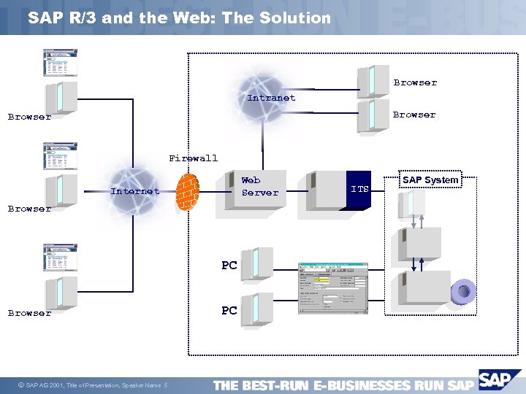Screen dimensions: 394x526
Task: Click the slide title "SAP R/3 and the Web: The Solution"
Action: [x=179, y=18]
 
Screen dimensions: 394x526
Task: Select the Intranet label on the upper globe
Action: [x=271, y=98]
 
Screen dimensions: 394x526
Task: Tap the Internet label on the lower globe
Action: [x=134, y=191]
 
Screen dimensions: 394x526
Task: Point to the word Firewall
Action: [x=193, y=158]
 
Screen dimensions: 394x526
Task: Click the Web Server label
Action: [x=259, y=186]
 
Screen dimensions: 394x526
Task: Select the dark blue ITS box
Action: [x=360, y=190]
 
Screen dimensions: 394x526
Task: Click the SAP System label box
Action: [x=430, y=180]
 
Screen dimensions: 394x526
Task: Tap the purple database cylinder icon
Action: [x=463, y=292]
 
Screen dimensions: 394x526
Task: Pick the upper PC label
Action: [x=229, y=266]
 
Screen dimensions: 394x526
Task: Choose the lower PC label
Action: [x=229, y=310]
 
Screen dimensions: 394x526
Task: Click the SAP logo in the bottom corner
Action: [x=499, y=380]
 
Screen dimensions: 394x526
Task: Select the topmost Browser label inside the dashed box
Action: [x=415, y=82]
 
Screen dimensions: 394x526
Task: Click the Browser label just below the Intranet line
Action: [x=413, y=115]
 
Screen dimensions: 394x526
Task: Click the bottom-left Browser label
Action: [x=29, y=313]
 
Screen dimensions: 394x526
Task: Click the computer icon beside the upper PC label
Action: [x=256, y=263]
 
